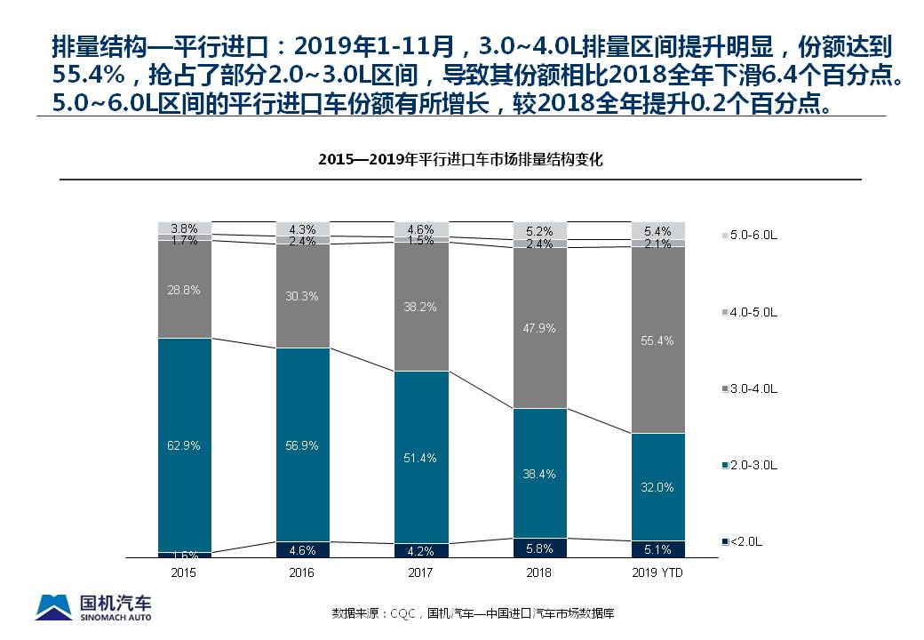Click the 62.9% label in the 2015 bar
tap(184, 445)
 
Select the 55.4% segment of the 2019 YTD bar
tap(658, 340)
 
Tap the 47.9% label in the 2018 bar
tap(539, 328)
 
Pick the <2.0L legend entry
tap(745, 541)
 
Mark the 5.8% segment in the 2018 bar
tap(539, 549)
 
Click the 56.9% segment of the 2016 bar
tap(302, 445)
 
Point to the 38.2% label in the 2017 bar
tap(420, 306)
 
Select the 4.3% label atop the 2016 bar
tap(302, 228)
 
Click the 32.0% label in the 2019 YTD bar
tap(658, 487)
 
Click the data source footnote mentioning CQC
tap(474, 613)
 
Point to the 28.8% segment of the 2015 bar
tap(184, 290)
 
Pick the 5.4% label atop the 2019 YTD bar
tap(658, 231)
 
